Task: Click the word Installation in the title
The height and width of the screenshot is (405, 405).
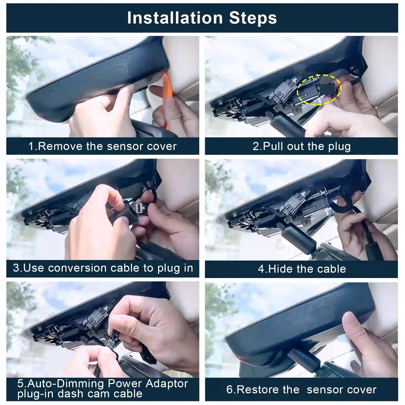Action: (x=175, y=18)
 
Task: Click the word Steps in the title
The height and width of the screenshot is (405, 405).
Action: (x=253, y=18)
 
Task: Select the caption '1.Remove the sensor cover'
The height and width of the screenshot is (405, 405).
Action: (x=102, y=146)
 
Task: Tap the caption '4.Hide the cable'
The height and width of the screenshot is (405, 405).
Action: (x=302, y=269)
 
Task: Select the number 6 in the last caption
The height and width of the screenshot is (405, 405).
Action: (x=229, y=390)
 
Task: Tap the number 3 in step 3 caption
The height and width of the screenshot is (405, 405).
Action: (x=16, y=268)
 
